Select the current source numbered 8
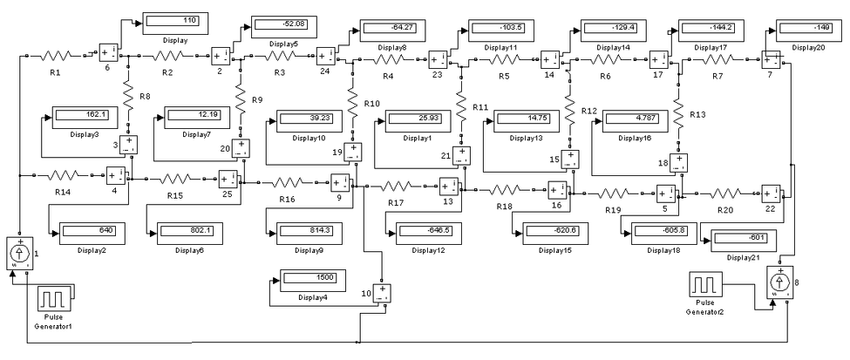coord(779,282)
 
